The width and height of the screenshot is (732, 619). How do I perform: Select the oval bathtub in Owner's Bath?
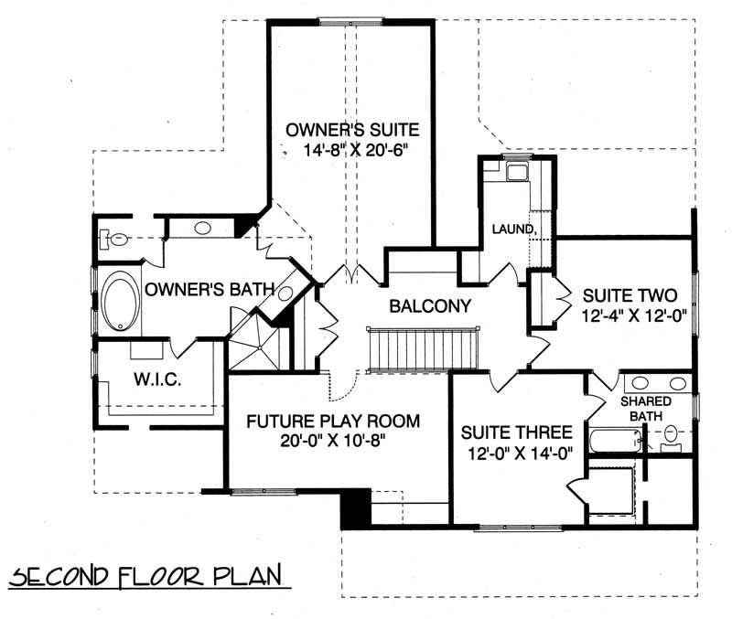[120, 303]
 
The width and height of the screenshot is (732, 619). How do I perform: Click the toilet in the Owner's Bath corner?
[111, 239]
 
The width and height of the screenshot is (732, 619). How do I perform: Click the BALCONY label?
[428, 306]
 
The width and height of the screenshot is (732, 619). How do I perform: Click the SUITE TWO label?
[622, 295]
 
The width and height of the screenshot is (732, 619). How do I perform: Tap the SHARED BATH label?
[646, 409]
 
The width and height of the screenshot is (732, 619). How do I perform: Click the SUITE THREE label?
[516, 432]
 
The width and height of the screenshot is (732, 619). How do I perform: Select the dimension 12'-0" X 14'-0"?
[516, 453]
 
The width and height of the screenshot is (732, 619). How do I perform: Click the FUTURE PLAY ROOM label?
[334, 422]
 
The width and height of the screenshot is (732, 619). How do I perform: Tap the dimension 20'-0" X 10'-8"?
[334, 442]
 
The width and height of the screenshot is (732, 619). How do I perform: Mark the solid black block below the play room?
[355, 508]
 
